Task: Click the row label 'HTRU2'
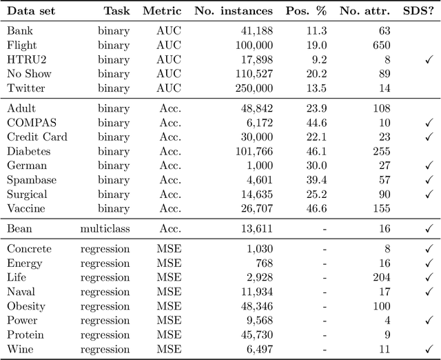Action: [25, 59]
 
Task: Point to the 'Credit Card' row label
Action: [37, 137]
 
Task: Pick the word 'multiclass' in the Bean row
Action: [105, 228]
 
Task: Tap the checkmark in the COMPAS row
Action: [429, 123]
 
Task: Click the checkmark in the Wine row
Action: [429, 350]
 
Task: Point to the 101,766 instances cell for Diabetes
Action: [250, 151]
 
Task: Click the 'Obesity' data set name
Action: [26, 306]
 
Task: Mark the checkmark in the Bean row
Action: [429, 228]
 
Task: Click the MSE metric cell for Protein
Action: [169, 334]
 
